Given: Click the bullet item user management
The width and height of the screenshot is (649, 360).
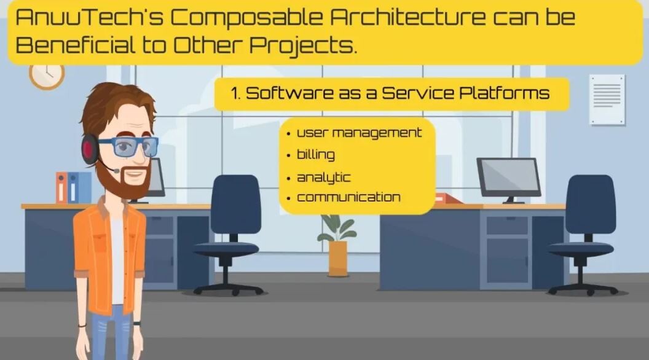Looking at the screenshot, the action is pyautogui.click(x=359, y=133).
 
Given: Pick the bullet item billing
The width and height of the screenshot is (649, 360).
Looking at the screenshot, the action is pyautogui.click(x=316, y=154).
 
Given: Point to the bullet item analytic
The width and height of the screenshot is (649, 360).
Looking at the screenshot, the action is pyautogui.click(x=324, y=178).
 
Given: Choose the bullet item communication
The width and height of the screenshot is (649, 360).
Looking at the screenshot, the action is pyautogui.click(x=348, y=197).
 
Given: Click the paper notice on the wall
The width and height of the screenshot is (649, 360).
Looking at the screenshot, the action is pyautogui.click(x=607, y=100).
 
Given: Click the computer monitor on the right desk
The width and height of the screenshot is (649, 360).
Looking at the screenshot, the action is pyautogui.click(x=509, y=178).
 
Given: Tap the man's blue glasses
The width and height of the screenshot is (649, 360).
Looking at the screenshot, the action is pyautogui.click(x=129, y=147).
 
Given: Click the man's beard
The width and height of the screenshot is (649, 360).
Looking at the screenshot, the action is pyautogui.click(x=124, y=178).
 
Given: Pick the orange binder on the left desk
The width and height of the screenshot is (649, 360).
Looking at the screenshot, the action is pyautogui.click(x=61, y=187).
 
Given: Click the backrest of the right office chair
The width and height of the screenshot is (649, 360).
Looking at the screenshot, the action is pyautogui.click(x=590, y=203).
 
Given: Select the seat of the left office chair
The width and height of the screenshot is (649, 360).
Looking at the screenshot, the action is pyautogui.click(x=226, y=249).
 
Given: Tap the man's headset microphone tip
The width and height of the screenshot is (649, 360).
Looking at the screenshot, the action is pyautogui.click(x=117, y=171).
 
